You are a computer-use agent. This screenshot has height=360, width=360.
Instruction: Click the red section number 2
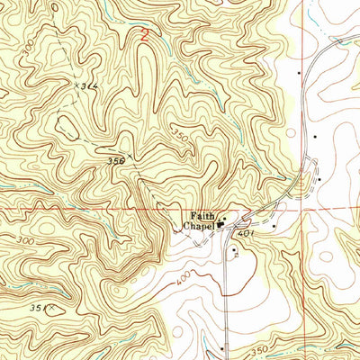145,37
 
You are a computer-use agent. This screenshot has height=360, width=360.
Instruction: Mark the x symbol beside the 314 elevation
76,82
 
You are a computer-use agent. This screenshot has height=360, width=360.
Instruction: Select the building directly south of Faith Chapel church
233,248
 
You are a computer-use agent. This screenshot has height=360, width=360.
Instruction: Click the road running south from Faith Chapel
225,288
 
